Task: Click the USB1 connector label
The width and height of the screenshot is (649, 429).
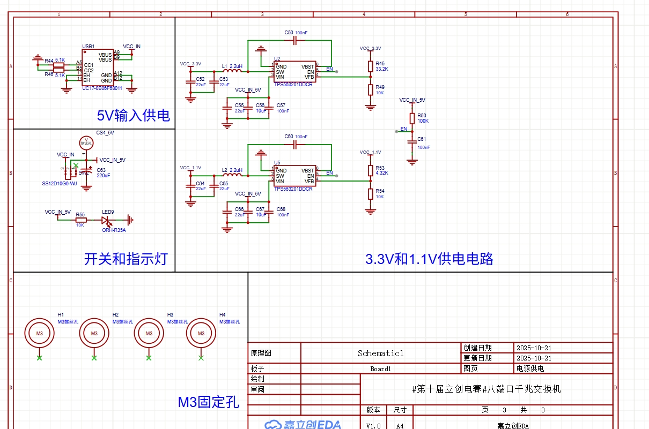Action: click(88, 47)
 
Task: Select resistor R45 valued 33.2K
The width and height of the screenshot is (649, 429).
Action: click(370, 66)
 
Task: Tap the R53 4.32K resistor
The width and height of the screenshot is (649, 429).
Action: click(370, 170)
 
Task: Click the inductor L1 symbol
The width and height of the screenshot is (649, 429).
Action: click(232, 71)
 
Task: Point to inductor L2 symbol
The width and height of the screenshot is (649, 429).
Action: click(232, 175)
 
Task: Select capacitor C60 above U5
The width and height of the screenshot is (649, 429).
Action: click(295, 145)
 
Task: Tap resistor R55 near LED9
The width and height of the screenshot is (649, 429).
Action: click(80, 219)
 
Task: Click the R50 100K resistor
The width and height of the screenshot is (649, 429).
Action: click(412, 118)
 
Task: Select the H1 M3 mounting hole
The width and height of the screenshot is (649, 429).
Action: click(39, 334)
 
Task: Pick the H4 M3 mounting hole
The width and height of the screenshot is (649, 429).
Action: click(201, 334)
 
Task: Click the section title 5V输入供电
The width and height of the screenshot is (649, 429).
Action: click(133, 115)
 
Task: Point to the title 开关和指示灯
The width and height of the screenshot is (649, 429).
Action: click(126, 259)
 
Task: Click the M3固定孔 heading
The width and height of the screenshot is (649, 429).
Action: click(208, 402)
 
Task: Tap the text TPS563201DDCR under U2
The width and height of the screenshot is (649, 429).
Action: click(293, 85)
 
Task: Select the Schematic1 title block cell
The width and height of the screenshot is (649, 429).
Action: click(380, 353)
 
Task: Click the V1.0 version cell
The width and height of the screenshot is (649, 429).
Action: click(373, 426)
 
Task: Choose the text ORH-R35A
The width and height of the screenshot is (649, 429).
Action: click(114, 230)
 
